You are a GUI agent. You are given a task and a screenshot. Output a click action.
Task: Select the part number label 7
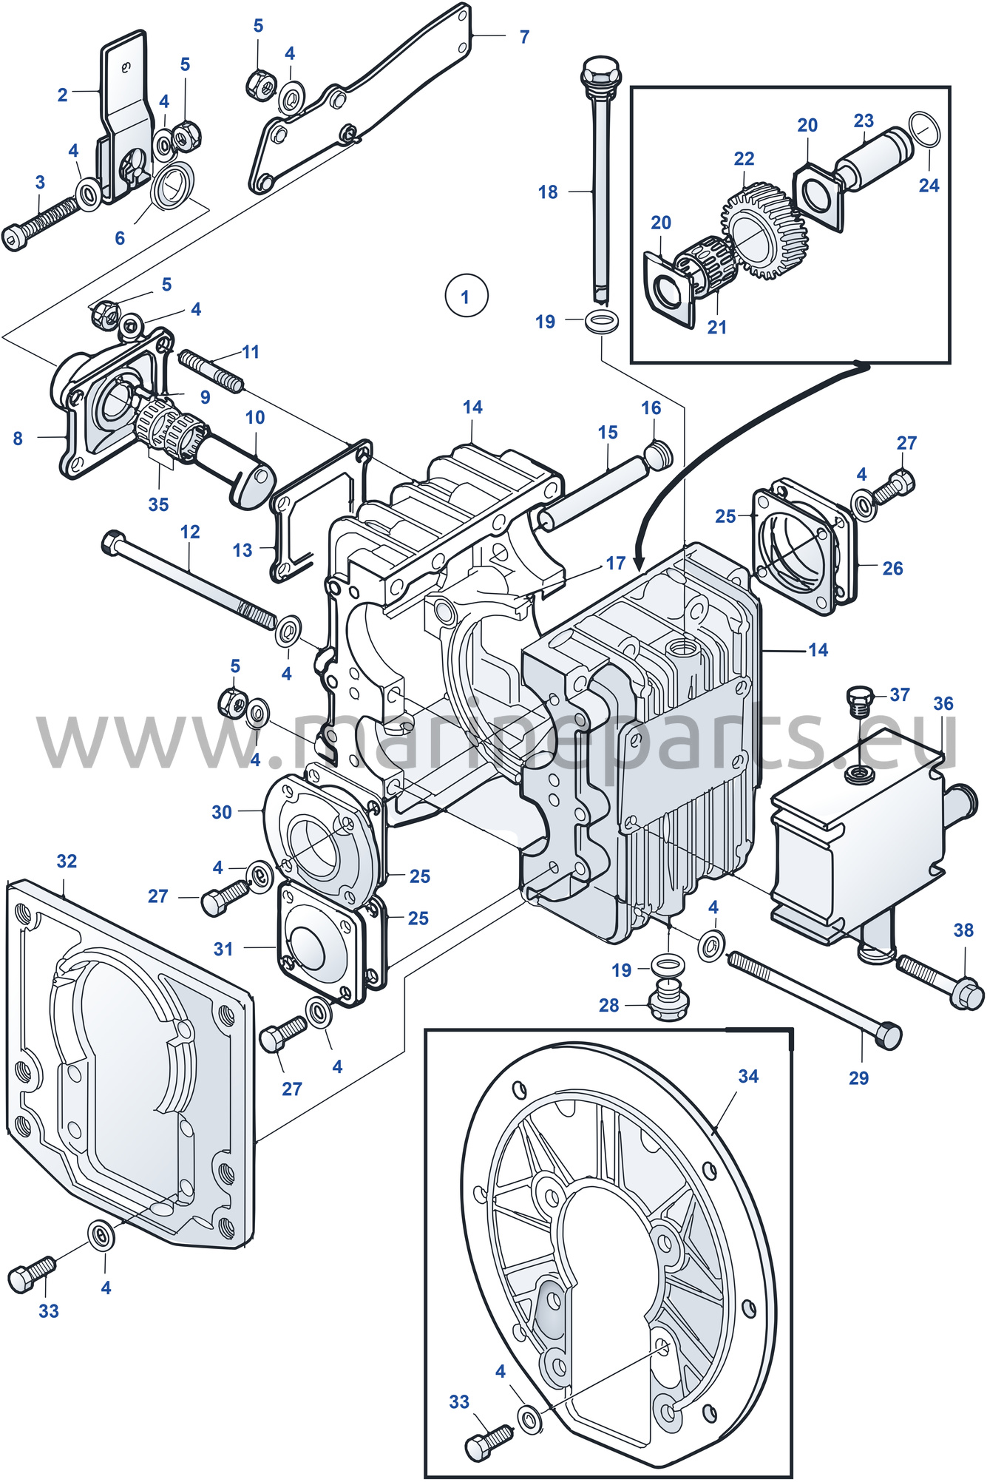(524, 36)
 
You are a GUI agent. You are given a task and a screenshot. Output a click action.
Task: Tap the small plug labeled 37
(858, 700)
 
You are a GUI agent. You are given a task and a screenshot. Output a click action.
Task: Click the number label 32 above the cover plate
(67, 861)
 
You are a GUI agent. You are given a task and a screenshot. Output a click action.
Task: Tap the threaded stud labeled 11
(211, 371)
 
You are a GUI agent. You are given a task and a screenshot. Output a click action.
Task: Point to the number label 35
(158, 504)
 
